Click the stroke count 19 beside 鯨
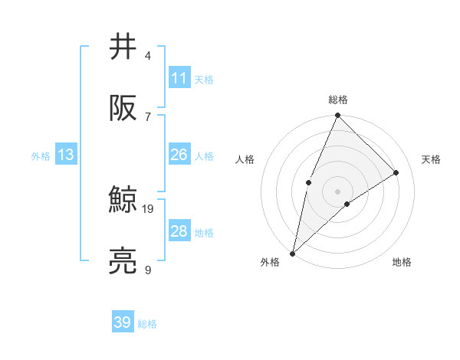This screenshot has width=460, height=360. [148, 208]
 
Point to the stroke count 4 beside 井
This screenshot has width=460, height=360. [148, 56]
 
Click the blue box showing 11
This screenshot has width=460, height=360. [179, 78]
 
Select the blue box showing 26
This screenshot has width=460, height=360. [179, 155]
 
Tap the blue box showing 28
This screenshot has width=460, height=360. [179, 231]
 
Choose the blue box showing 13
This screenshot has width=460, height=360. [66, 155]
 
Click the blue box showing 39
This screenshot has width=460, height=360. [123, 322]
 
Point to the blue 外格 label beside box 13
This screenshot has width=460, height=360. [41, 156]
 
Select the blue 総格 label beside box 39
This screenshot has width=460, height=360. [147, 324]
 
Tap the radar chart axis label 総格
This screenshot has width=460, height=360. [338, 100]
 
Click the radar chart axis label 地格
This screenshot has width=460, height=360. [402, 263]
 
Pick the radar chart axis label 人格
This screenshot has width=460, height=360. [245, 160]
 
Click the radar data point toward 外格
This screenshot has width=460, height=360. [292, 253]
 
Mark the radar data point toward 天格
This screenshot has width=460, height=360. [396, 172]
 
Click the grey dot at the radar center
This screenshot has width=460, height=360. [338, 191]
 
